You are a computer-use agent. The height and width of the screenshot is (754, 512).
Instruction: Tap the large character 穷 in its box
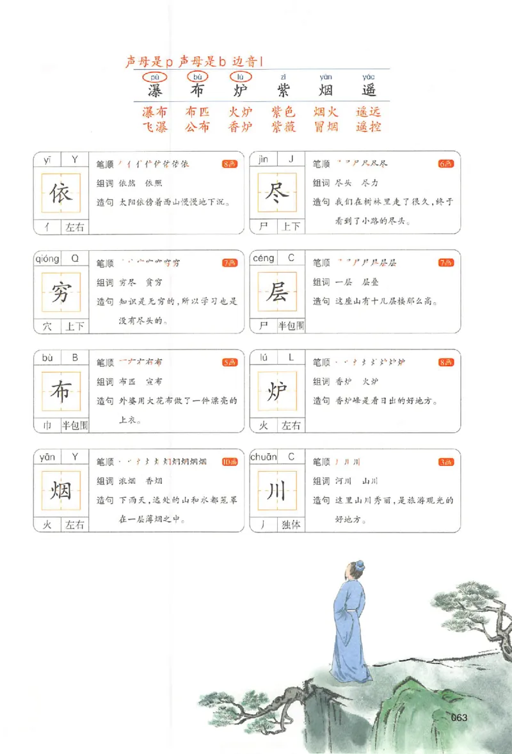(x=61, y=293)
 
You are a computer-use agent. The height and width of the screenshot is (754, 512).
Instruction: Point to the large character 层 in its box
(x=277, y=293)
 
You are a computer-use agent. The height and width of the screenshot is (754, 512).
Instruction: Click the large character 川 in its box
(x=277, y=492)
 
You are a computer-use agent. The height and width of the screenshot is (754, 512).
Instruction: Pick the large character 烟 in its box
(x=61, y=492)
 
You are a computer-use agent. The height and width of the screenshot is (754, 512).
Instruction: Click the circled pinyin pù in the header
(x=154, y=77)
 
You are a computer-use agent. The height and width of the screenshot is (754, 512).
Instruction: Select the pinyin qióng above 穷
(x=47, y=259)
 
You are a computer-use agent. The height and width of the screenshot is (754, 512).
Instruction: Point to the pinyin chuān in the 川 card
(x=263, y=457)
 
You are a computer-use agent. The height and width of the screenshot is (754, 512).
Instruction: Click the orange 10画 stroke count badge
(x=229, y=461)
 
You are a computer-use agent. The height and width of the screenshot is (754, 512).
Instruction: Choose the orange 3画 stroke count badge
(x=446, y=461)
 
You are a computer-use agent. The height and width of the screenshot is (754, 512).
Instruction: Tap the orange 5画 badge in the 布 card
(x=229, y=362)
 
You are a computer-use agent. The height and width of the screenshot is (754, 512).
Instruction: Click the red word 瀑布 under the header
(x=154, y=112)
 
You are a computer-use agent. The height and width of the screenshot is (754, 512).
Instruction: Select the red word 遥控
(x=369, y=127)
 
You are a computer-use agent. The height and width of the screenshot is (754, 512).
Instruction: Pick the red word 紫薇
(x=283, y=127)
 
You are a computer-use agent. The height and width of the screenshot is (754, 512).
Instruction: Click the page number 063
(x=460, y=718)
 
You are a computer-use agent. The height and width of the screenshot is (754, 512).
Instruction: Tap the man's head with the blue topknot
(x=356, y=568)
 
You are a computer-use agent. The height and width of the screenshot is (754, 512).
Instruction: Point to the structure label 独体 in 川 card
(x=291, y=525)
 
